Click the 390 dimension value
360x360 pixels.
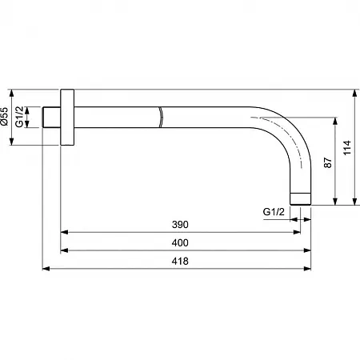pyautogui.click(x=180, y=225)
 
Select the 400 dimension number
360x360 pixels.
pyautogui.click(x=180, y=242)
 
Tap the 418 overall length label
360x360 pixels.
pyautogui.click(x=180, y=261)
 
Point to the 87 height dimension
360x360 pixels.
pyautogui.click(x=328, y=162)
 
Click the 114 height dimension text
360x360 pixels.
pyautogui.click(x=347, y=147)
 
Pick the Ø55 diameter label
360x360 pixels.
pyautogui.click(x=5, y=116)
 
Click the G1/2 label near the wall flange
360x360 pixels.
pyautogui.click(x=19, y=117)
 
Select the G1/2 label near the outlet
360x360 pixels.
pyautogui.click(x=274, y=211)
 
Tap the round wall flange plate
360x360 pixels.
pyautogui.click(x=67, y=117)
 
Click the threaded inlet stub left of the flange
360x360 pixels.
pyautogui.click(x=52, y=117)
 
